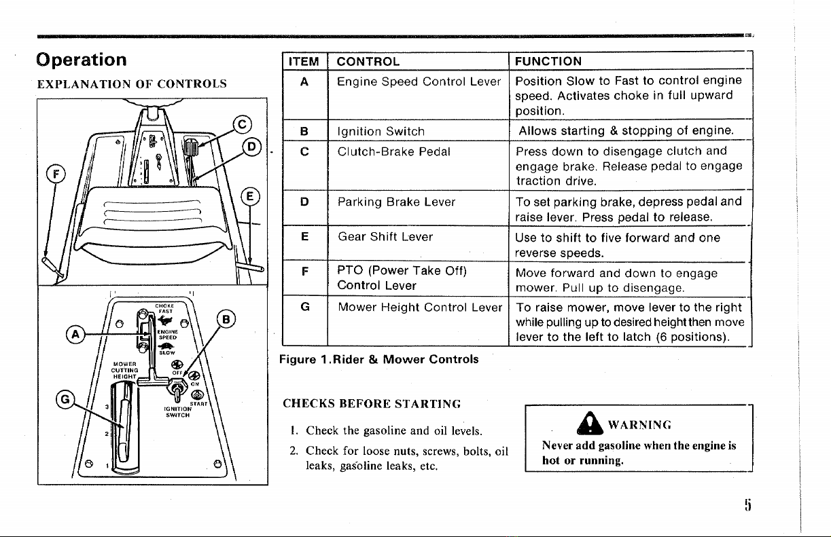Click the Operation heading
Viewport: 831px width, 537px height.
82,59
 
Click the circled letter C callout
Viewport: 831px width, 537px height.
239,124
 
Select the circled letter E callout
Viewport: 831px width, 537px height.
251,197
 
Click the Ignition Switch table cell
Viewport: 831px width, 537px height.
381,131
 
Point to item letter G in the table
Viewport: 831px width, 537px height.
304,306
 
